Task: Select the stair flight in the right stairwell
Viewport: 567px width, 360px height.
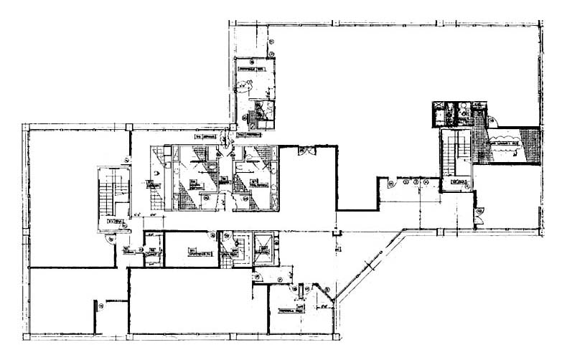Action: point(453,153)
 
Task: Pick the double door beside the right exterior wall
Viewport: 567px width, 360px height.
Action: point(479,212)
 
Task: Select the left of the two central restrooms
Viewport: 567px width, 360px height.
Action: point(191,178)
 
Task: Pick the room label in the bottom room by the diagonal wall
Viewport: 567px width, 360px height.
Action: point(291,310)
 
